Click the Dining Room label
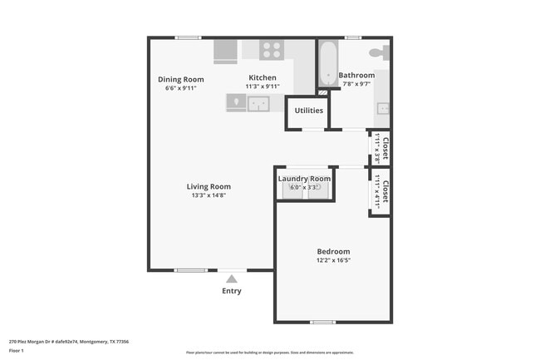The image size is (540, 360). point(181,80)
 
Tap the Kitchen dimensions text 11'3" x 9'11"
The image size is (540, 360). point(262,86)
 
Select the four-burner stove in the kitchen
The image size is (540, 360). point(271,50)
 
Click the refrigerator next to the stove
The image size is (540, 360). point(226,51)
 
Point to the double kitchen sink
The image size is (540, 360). point(258,103)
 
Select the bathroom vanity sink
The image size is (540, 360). point(384,108)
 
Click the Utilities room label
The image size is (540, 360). point(308,110)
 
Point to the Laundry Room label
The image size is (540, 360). point(304,179)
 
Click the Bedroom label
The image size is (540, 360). point(333,252)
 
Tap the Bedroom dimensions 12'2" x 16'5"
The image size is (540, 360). point(333,260)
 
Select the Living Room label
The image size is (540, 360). point(209,186)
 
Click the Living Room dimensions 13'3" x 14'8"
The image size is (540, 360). point(209,195)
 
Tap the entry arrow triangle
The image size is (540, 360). point(232,279)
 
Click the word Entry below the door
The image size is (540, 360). point(232,291)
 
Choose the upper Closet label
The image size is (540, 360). point(385,145)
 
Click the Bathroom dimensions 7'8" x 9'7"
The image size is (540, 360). point(356,84)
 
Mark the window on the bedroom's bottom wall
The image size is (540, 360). point(322,322)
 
